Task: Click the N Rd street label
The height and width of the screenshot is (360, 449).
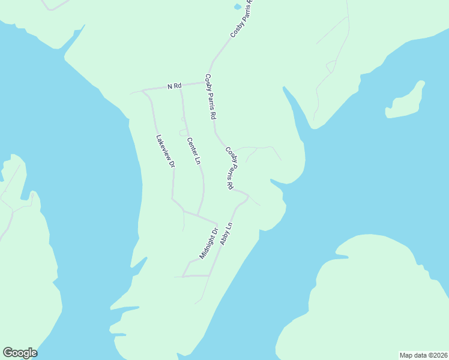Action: pos(174,86)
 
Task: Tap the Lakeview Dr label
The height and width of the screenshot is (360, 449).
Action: pos(165,151)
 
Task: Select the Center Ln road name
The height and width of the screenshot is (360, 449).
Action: pos(193,151)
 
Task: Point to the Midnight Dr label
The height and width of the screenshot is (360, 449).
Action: pos(209,242)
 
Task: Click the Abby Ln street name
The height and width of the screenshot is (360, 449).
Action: pos(226,233)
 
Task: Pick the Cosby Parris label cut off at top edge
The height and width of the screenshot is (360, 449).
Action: pos(243,19)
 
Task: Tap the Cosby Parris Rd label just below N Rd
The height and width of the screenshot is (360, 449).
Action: pos(210,96)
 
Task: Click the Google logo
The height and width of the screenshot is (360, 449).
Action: pos(20,352)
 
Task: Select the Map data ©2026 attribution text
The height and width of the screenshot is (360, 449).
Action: pos(423,355)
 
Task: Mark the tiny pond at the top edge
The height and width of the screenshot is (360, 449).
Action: pos(238,7)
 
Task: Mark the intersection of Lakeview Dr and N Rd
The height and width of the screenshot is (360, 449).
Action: pos(143,91)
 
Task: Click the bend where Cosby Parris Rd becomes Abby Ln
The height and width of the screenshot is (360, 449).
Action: pos(247,196)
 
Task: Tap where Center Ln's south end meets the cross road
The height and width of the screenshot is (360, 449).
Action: pos(198,215)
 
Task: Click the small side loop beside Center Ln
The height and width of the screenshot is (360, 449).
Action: pos(183,132)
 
